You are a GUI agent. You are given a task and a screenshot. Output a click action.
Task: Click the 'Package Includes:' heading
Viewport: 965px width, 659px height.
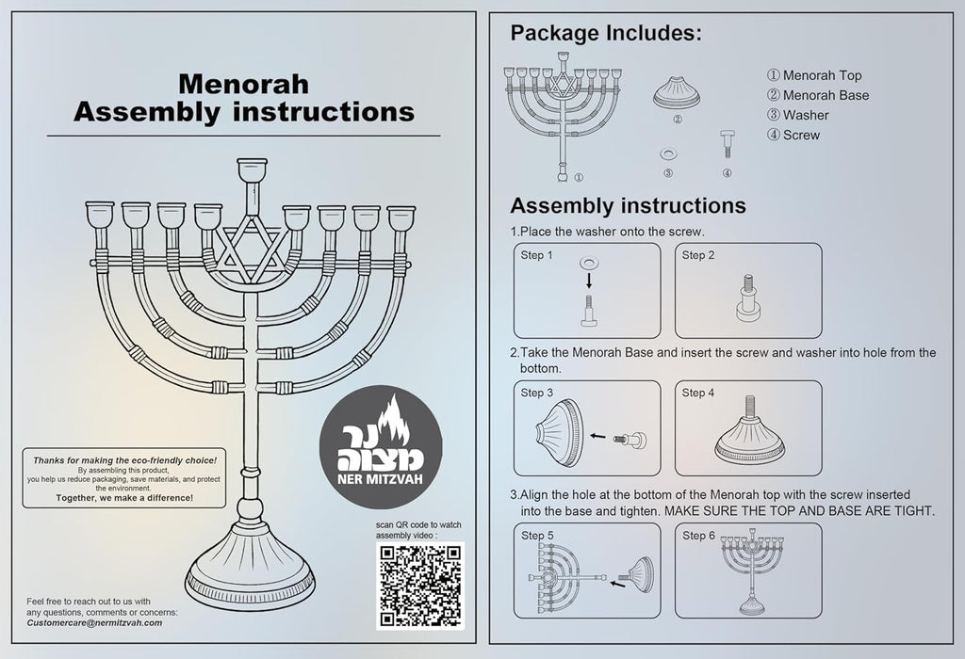605,34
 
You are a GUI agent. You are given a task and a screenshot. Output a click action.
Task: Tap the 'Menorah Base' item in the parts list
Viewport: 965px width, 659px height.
826,95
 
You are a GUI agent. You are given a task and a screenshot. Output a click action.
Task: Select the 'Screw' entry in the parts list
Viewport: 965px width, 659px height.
801,135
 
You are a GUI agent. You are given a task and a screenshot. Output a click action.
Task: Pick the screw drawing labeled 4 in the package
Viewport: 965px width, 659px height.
727,145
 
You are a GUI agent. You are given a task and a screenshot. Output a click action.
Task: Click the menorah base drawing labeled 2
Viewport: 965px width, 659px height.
677,93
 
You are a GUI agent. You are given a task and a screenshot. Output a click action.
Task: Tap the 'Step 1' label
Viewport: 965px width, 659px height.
537,255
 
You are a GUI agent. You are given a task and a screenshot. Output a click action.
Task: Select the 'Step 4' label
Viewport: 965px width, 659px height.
698,393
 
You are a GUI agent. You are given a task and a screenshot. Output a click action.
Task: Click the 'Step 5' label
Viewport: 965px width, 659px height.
537,535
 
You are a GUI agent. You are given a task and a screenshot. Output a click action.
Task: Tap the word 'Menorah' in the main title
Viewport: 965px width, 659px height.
243,84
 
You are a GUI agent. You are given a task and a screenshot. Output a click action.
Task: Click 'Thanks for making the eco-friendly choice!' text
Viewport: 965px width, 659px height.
124,460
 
